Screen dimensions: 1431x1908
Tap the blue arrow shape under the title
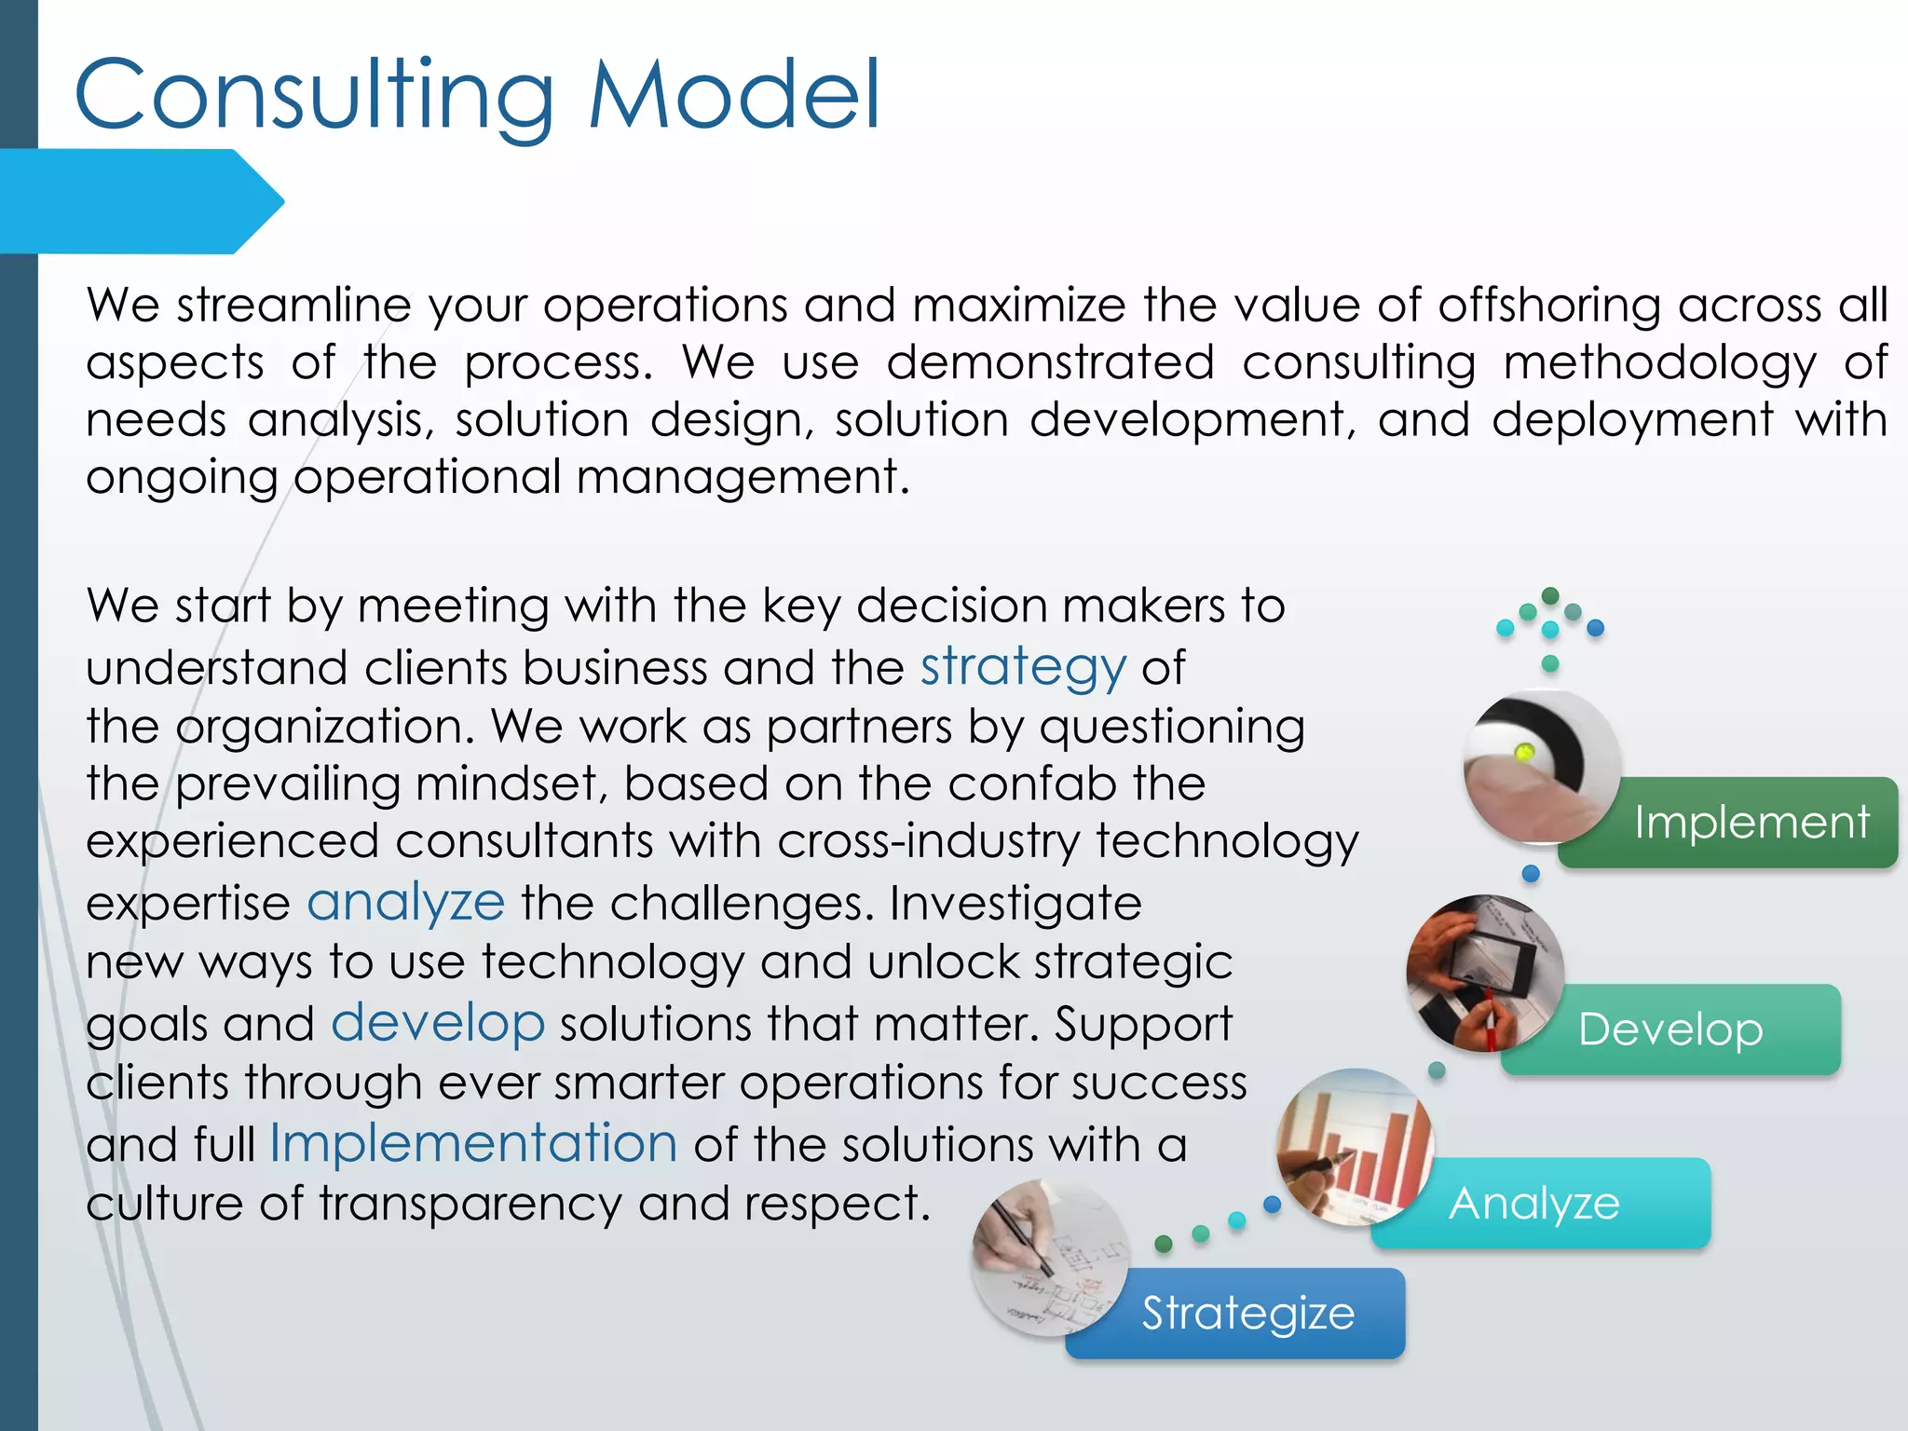coord(140,201)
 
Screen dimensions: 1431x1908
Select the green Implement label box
coord(1751,823)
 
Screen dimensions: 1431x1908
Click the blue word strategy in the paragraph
coord(1023,668)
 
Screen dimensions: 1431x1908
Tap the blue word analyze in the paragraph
coord(406,903)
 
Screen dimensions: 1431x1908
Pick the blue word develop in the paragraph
coord(438,1024)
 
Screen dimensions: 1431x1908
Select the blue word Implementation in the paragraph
coord(473,1144)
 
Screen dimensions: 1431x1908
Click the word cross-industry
coord(928,841)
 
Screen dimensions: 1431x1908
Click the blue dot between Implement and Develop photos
coord(1531,874)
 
